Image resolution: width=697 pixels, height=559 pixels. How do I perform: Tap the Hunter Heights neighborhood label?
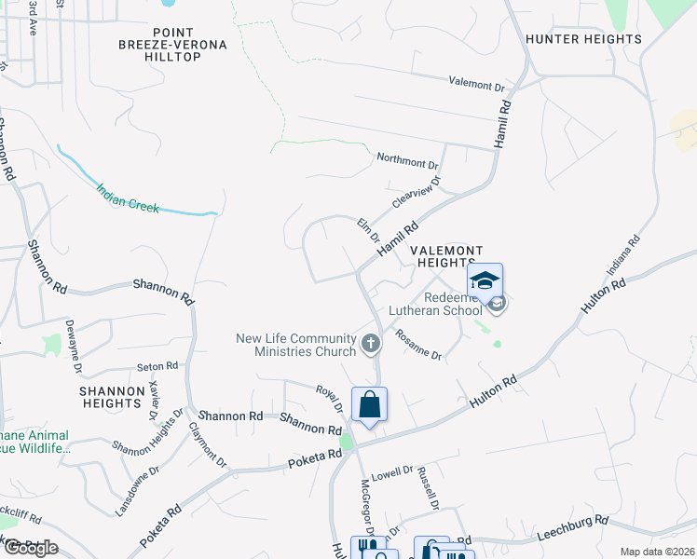(583, 39)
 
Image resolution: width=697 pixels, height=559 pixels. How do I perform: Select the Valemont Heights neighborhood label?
(446, 257)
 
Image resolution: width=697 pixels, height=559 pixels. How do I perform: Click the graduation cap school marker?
(485, 281)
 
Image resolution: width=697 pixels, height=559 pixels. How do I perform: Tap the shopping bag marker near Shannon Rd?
(370, 405)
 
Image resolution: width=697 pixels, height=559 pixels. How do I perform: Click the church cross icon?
(371, 344)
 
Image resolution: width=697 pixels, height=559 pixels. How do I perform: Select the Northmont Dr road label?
(407, 160)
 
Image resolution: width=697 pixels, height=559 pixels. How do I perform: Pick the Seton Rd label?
(157, 367)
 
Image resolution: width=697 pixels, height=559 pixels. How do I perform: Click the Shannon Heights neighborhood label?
(109, 397)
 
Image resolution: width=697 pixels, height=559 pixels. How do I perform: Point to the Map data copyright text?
(657, 552)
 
